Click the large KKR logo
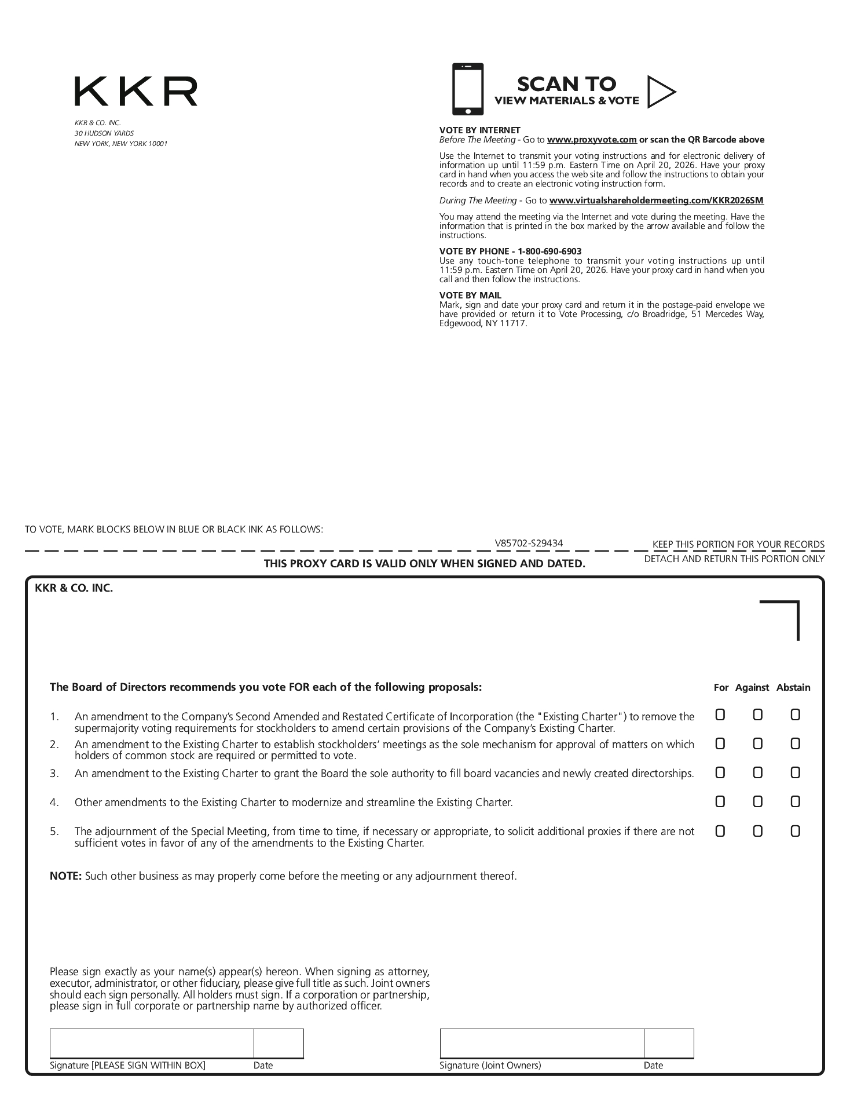click(135, 92)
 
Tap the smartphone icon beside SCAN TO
click(467, 89)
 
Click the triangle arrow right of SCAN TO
click(661, 92)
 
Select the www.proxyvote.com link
click(592, 140)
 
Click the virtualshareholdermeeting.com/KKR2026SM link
click(656, 200)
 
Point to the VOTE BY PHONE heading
click(510, 251)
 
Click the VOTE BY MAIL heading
click(470, 295)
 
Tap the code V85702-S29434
click(529, 543)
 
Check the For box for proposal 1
click(720, 714)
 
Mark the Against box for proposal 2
click(757, 743)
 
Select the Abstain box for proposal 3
click(795, 772)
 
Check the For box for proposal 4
click(720, 801)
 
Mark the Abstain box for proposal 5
click(795, 831)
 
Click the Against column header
click(752, 687)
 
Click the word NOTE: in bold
click(65, 876)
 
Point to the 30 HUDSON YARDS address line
click(104, 133)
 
